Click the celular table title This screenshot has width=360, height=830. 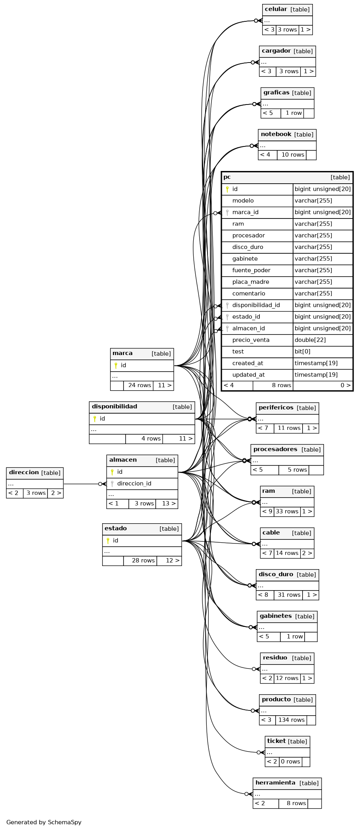point(276,9)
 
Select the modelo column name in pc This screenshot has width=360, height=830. point(243,201)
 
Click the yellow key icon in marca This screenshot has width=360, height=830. point(116,365)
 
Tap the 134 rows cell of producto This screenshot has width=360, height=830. point(291,720)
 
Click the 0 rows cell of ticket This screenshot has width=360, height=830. point(290,762)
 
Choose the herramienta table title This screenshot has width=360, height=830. point(275,783)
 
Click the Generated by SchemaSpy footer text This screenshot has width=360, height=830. point(44,822)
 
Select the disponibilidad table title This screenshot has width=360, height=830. point(114,406)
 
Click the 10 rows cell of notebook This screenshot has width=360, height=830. point(293,155)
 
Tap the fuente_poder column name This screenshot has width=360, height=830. point(251,270)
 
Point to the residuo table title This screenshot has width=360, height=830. point(275,658)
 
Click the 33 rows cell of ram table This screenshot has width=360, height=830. point(287,511)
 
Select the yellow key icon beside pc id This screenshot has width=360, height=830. point(227,189)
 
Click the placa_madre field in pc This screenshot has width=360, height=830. point(251,282)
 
